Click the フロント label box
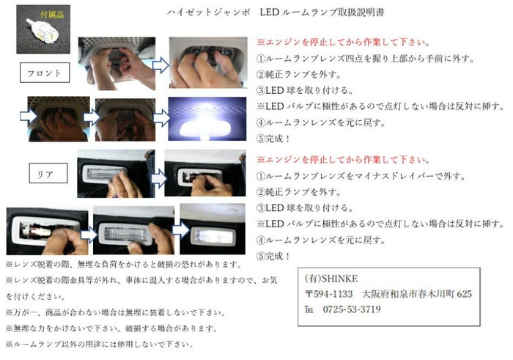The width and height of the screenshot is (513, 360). click(x=45, y=73)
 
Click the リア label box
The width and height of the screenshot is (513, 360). click(x=48, y=173)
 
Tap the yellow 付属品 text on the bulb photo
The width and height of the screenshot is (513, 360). click(x=52, y=15)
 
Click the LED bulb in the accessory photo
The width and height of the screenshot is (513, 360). click(x=43, y=30)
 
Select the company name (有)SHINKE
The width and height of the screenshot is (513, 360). click(x=331, y=279)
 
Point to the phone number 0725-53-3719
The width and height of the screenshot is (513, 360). click(x=352, y=309)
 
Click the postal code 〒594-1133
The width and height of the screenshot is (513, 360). click(x=329, y=294)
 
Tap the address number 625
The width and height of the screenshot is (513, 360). click(x=464, y=294)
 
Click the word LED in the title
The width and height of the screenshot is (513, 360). click(x=270, y=12)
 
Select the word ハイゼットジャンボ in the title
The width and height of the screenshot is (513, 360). click(x=209, y=12)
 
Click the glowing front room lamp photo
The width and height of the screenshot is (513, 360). click(x=207, y=119)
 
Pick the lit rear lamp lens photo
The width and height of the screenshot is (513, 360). click(x=213, y=229)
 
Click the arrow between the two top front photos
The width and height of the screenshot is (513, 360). click(x=160, y=65)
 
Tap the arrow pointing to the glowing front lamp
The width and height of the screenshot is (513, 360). click(x=162, y=118)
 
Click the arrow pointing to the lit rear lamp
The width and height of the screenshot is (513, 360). click(x=181, y=229)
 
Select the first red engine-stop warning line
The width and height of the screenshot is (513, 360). click(x=343, y=43)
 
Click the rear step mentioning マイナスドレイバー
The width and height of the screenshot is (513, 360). click(x=361, y=176)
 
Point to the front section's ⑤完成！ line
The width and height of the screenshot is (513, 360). click(x=273, y=139)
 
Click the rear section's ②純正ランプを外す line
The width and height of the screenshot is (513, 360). click(x=298, y=192)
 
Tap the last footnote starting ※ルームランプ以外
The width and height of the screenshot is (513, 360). click(x=99, y=345)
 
